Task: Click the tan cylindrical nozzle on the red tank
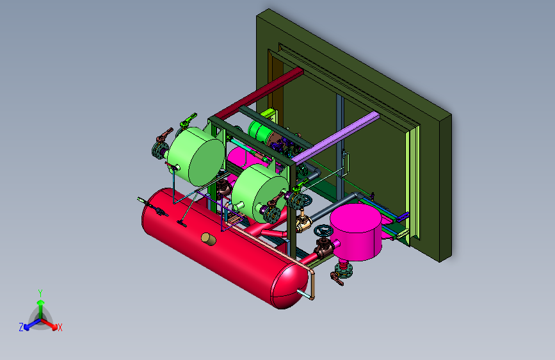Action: (x=209, y=239)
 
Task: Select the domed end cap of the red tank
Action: (x=289, y=286)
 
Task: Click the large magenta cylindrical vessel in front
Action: (x=356, y=232)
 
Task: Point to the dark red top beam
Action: (x=259, y=94)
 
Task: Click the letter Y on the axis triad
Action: (x=40, y=293)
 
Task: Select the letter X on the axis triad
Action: (x=60, y=327)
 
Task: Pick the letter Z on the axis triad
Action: (x=21, y=327)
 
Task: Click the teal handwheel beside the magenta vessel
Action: (x=323, y=231)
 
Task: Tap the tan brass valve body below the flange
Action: (x=303, y=223)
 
